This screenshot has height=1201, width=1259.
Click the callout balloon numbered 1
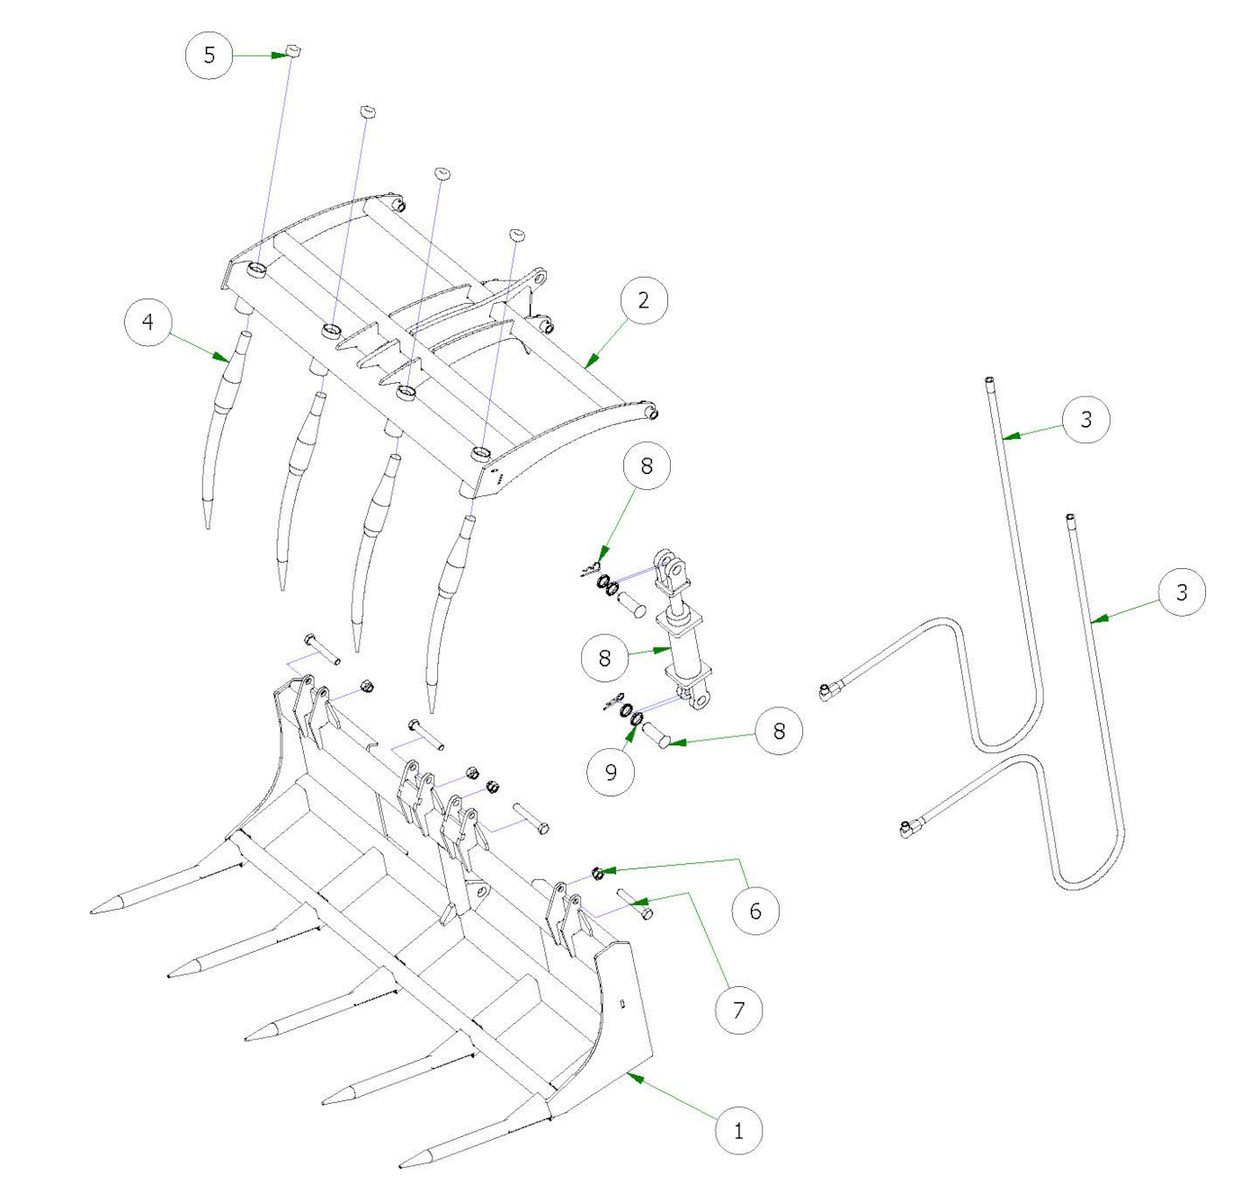click(x=738, y=1130)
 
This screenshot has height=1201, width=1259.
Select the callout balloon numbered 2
click(x=643, y=300)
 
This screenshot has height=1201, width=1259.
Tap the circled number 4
click(x=147, y=322)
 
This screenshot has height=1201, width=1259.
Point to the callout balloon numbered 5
click(x=210, y=55)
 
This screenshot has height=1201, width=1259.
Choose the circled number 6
click(x=755, y=911)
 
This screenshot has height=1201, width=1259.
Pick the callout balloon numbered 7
click(x=738, y=1010)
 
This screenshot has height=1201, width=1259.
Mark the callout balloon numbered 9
click(x=612, y=771)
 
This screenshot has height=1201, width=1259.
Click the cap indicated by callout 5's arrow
click(x=291, y=51)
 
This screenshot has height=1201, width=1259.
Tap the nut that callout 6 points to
click(x=597, y=873)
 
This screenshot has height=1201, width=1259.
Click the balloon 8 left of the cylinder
click(x=604, y=658)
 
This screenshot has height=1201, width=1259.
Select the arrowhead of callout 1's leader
click(x=630, y=1074)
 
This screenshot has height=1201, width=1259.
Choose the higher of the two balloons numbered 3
click(x=1085, y=419)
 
